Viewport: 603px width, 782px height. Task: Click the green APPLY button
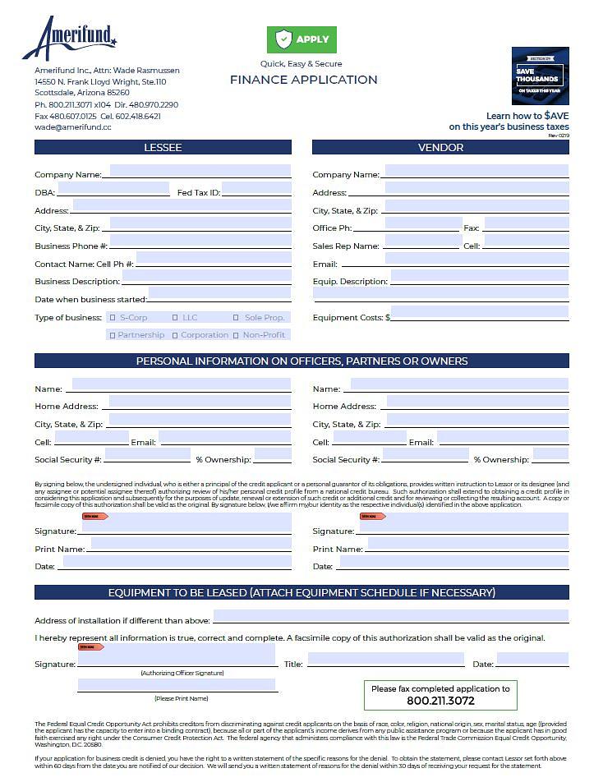coord(301,39)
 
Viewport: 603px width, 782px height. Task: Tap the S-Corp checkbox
coord(113,318)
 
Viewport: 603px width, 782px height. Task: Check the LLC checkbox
coord(175,318)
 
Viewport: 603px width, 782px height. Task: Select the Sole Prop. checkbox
coord(237,318)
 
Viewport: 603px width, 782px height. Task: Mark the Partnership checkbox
coord(113,335)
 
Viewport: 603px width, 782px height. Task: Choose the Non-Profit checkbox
coord(237,335)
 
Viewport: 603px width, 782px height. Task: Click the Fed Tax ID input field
coord(256,189)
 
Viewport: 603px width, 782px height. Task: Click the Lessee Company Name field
coord(200,171)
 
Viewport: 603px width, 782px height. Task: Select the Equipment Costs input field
coord(480,313)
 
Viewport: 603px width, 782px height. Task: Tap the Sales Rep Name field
coord(421,242)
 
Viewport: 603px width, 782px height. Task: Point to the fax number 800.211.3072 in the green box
coord(440,701)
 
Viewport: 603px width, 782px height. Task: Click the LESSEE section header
coord(163,148)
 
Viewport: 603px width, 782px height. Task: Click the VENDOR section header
coord(440,148)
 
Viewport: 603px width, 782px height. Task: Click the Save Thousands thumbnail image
coord(540,76)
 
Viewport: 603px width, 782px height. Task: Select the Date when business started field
coord(219,293)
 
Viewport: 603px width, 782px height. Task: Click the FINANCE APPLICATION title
coord(303,80)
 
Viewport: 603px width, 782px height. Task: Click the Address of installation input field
coord(390,616)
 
